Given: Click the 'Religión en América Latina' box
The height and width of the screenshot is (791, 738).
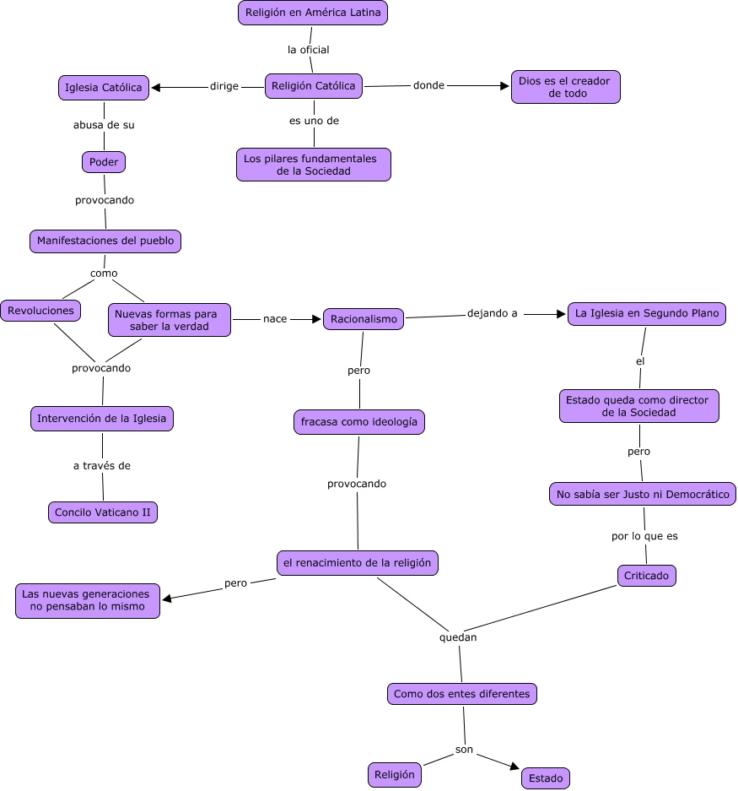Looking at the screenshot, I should pos(313,13).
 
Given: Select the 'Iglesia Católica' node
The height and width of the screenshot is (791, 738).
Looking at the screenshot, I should pos(105,87).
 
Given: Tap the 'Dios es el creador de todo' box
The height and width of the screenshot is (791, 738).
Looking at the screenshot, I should pos(565,87).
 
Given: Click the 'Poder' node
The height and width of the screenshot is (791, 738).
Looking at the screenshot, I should pos(104,161).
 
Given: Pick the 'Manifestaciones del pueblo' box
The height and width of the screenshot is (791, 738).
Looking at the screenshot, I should pos(105,241).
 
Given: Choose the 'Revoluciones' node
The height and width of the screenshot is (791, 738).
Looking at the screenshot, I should pos(40,311).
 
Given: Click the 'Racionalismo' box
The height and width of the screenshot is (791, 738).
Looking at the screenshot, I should pos(364,319).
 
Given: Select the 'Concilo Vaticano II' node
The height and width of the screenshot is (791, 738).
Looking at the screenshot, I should pos(103,512).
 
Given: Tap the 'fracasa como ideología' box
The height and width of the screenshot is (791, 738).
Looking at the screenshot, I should pos(358,421).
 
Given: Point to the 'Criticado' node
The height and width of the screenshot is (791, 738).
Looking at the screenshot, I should pos(646,576).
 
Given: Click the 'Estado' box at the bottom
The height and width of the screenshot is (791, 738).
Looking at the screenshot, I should pos(546,777).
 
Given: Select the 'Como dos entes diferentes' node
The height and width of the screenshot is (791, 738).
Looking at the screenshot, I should pos(462,694).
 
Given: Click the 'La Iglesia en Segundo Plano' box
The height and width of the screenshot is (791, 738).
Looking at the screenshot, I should pos(647,314).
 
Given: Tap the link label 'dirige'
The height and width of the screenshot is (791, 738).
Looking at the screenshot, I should pos(224,86).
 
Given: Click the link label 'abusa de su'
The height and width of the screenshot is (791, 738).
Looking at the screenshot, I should pos(104,125).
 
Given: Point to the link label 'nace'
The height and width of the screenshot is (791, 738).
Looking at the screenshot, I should pos(275,319).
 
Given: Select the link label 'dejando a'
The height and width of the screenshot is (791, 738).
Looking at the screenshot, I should pos(493,313).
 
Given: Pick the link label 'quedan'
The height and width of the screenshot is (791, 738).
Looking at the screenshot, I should pos(458,637).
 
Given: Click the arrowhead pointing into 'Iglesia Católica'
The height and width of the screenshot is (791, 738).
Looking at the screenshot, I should pos(157,87).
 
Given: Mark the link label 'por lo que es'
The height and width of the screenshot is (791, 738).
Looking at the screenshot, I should pos(644,535).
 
